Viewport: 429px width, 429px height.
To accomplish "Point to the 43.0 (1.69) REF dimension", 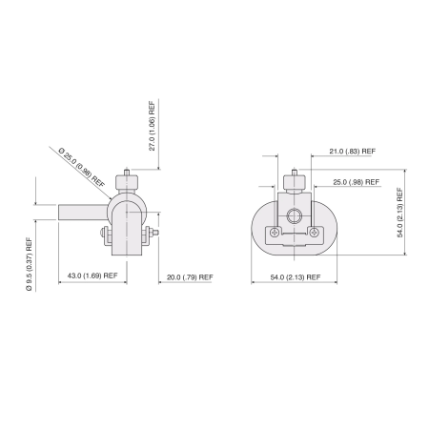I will click(93, 276).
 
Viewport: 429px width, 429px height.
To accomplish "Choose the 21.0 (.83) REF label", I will click(350, 151).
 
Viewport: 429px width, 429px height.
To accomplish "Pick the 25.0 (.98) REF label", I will click(354, 182).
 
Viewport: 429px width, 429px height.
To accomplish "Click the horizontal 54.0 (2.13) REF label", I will click(296, 276).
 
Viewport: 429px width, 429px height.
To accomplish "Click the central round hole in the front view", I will click(296, 214).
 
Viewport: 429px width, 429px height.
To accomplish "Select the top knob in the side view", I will click(126, 182).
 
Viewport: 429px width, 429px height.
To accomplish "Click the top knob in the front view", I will click(295, 182).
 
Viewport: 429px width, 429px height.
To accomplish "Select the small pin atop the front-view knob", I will click(295, 173).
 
